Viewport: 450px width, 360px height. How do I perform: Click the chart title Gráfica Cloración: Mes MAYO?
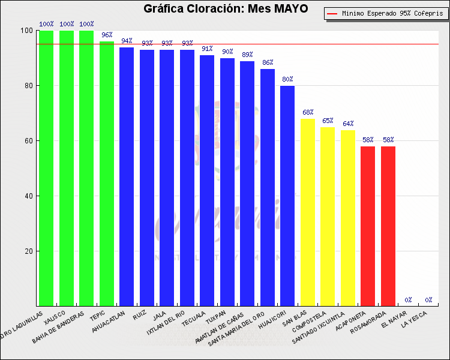(x=226, y=8)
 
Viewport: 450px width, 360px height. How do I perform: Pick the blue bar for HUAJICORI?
(x=287, y=196)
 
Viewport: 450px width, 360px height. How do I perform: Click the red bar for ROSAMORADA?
(x=388, y=226)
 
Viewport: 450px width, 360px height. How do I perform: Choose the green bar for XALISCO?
(x=66, y=168)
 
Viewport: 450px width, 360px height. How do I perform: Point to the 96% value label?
(x=107, y=35)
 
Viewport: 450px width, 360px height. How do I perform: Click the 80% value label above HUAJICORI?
(x=287, y=80)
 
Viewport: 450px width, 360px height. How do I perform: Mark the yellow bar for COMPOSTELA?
(x=328, y=216)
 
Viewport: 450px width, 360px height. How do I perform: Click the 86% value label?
(x=268, y=62)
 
